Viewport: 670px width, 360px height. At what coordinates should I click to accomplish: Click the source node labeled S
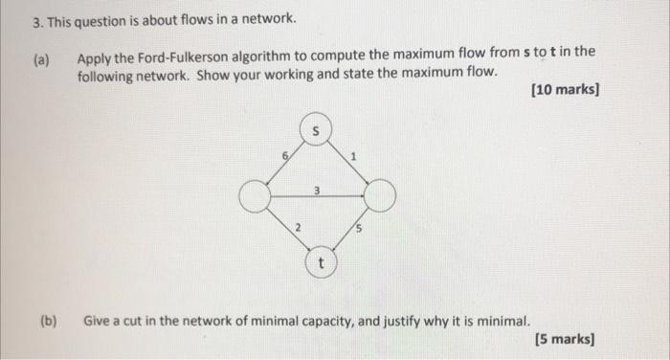pyautogui.click(x=318, y=130)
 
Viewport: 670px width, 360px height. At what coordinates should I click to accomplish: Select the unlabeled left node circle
pyautogui.click(x=255, y=197)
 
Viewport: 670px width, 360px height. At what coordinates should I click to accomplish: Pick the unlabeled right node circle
pyautogui.click(x=380, y=197)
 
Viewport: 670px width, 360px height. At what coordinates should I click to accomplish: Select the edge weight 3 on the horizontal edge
pyautogui.click(x=316, y=191)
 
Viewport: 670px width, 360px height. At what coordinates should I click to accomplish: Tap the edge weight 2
pyautogui.click(x=297, y=228)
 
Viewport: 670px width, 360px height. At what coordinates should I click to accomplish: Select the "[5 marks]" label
pyautogui.click(x=568, y=338)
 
